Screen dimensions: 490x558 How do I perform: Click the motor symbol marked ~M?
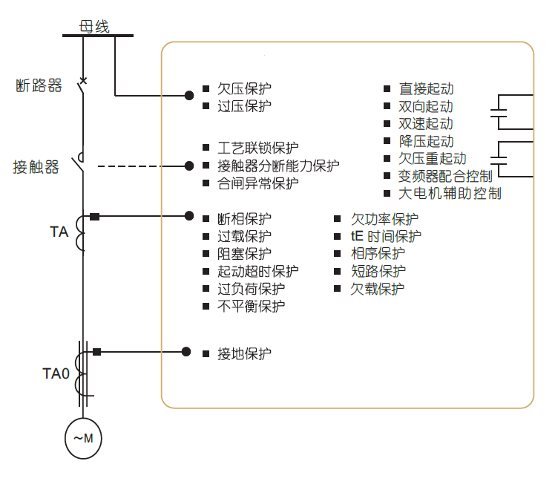[83, 437]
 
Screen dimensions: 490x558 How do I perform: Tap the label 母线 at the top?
[94, 27]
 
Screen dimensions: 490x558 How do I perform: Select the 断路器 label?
[39, 86]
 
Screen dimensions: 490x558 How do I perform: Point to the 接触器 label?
[36, 167]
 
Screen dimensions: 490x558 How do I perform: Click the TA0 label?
[56, 373]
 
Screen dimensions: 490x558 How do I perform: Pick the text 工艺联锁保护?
[257, 148]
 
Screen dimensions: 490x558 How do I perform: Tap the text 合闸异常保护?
[257, 183]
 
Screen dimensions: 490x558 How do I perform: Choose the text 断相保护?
[244, 219]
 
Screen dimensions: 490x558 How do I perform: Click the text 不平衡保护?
[251, 306]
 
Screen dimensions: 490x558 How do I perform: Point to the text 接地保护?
[244, 353]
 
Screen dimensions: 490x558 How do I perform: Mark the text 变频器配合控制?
[445, 176]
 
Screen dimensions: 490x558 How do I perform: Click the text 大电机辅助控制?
[450, 193]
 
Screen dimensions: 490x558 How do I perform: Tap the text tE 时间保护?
[387, 236]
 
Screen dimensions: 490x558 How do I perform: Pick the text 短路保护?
[378, 271]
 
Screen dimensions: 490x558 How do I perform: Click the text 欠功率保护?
[384, 219]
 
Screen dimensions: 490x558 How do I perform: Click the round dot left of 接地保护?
[186, 352]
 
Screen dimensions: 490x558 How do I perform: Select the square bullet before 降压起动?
[387, 141]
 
